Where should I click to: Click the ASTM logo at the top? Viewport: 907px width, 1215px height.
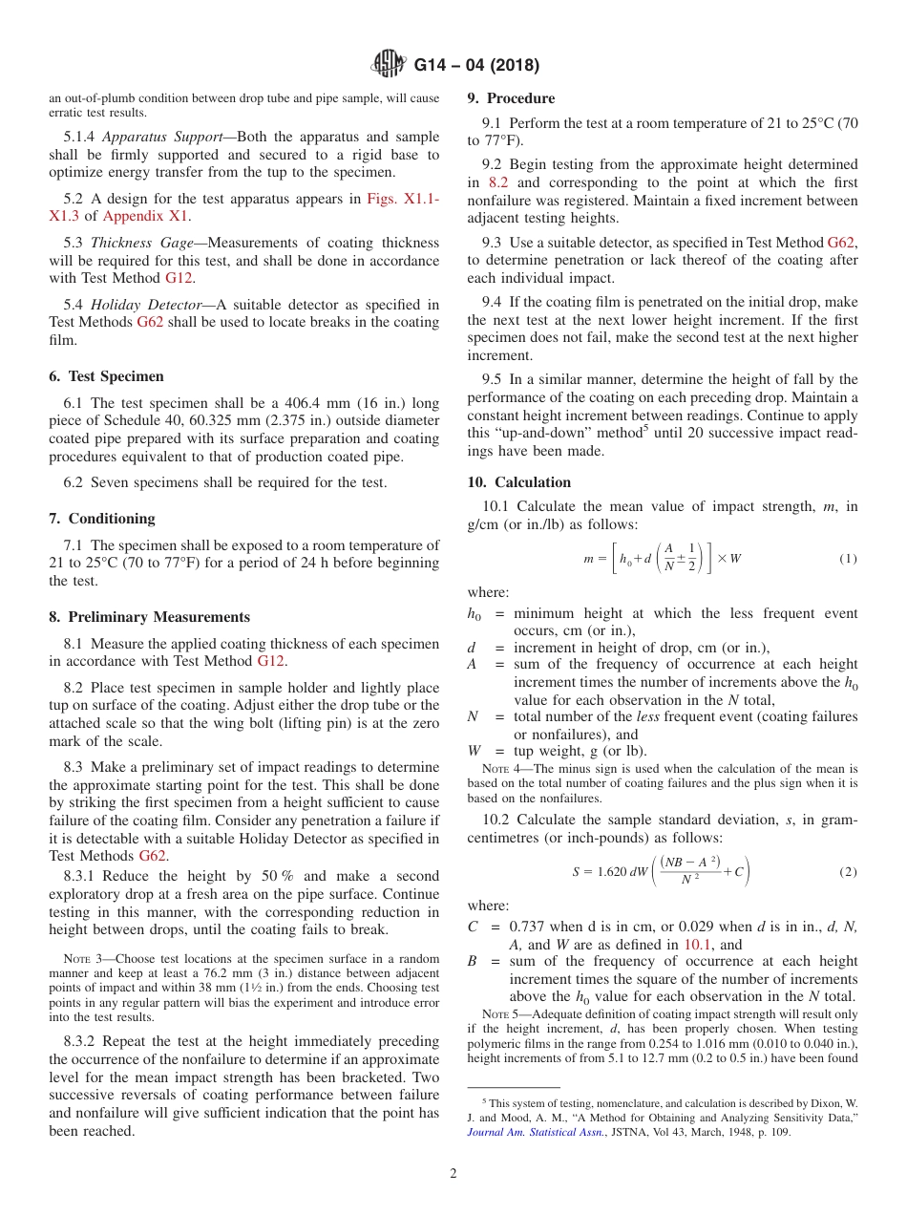[x=388, y=65]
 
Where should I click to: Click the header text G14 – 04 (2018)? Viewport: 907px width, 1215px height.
[x=476, y=65]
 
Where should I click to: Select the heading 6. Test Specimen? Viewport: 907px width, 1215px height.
[x=106, y=376]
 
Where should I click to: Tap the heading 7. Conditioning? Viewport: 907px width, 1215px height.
[x=102, y=519]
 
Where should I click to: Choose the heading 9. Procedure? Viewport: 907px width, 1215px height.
[x=511, y=98]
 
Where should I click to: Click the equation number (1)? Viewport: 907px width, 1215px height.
[x=848, y=558]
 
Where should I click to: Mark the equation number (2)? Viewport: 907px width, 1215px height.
[x=848, y=872]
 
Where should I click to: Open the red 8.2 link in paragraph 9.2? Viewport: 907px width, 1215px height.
[x=498, y=182]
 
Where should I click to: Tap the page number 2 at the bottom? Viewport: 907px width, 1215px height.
[x=453, y=1174]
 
